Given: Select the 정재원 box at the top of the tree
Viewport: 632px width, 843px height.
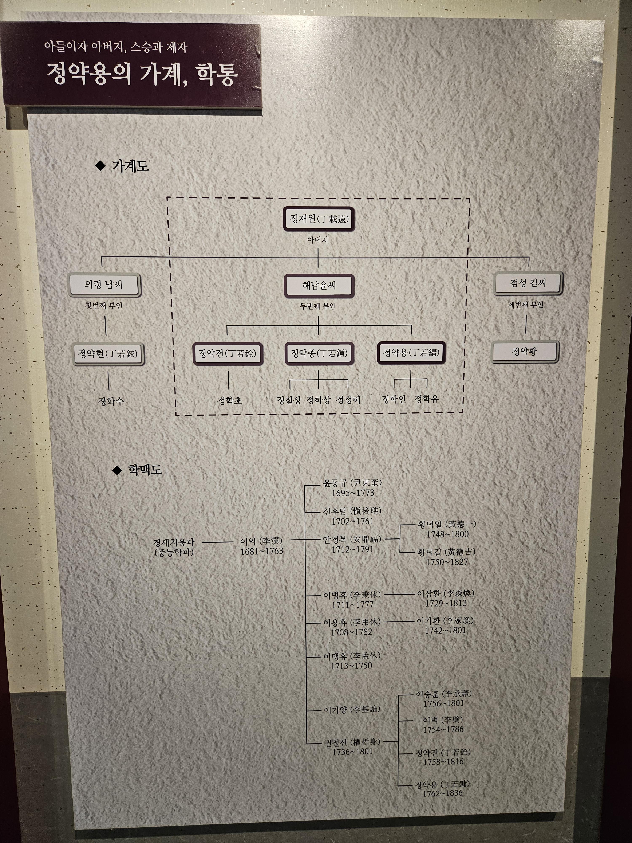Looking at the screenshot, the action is (319, 219).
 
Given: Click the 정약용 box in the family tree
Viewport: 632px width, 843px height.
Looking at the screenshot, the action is (411, 353).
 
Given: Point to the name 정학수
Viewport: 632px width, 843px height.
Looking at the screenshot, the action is (111, 401).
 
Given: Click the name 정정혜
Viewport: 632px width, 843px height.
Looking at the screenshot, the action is (348, 400).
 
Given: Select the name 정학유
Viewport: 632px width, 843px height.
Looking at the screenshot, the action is (426, 399).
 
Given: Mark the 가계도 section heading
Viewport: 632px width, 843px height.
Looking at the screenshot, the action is (130, 166).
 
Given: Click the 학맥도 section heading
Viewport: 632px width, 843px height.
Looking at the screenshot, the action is (145, 470).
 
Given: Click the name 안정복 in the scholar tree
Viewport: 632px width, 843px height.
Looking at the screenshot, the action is (335, 540).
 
